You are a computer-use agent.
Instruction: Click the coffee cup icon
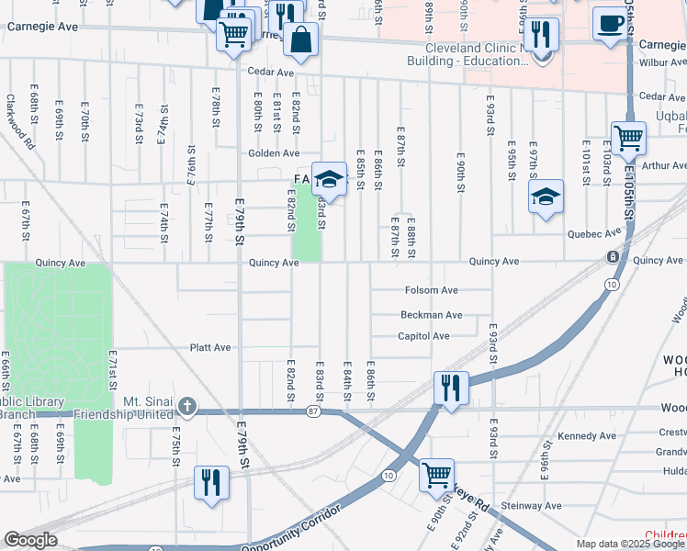pyautogui.click(x=609, y=22)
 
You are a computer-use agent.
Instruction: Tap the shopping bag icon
pyautogui.click(x=301, y=39)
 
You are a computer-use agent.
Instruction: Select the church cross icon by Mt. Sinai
pyautogui.click(x=186, y=405)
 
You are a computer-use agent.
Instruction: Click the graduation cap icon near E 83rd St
pyautogui.click(x=328, y=177)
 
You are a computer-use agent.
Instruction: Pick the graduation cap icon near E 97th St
pyautogui.click(x=546, y=197)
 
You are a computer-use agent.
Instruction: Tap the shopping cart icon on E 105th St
pyautogui.click(x=629, y=139)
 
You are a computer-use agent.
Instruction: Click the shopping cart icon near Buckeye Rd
pyautogui.click(x=436, y=475)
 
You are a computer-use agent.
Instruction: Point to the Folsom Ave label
pyautogui.click(x=432, y=290)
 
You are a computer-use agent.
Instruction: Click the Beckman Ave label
pyautogui.click(x=431, y=314)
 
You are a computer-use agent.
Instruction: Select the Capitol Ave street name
pyautogui.click(x=423, y=336)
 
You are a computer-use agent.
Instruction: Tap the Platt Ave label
pyautogui.click(x=209, y=348)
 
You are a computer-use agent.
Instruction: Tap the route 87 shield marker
pyautogui.click(x=313, y=411)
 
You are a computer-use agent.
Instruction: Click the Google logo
pyautogui.click(x=30, y=540)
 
